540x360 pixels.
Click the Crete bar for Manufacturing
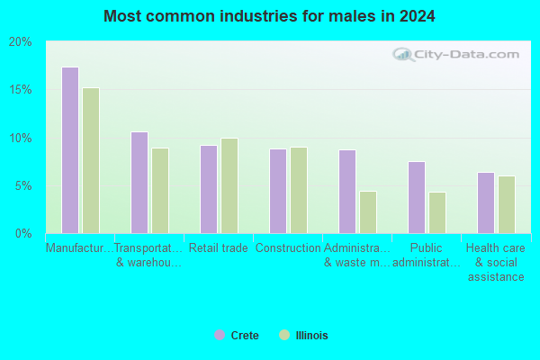pos(70,150)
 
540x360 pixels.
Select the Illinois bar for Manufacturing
pos(91,160)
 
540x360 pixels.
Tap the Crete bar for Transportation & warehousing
pos(139,183)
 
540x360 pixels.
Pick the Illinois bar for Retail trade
pos(229,186)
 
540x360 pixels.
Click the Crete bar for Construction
pos(278,191)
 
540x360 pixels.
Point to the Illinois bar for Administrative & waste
pos(368,212)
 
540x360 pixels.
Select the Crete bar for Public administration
pos(417,198)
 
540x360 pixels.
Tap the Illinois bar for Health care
pos(507,205)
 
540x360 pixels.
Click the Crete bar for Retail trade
pos(209,190)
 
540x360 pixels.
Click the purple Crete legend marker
pos(220,335)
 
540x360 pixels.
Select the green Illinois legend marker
pos(284,335)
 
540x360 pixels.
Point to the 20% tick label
pos(20,42)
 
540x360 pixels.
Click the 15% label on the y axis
pos(20,90)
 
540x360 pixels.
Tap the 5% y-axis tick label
pos(22,186)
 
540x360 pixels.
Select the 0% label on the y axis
pos(23,234)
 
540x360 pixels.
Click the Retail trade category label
pos(219,247)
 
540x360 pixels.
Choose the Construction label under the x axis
pos(288,247)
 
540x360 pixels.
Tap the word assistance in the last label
pos(496,276)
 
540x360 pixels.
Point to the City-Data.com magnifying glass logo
pos(403,54)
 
